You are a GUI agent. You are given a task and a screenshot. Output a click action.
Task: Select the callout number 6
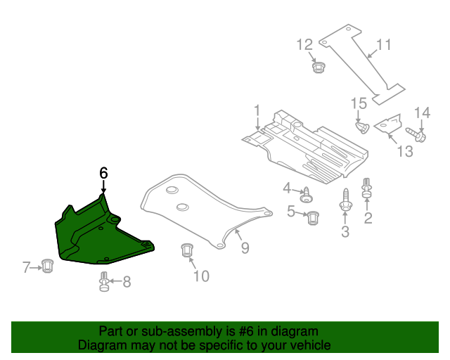(103, 172)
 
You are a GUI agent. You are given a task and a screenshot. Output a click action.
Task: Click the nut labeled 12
(319, 68)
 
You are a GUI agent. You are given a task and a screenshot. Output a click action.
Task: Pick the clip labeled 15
(363, 127)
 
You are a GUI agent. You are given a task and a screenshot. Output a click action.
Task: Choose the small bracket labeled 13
(387, 124)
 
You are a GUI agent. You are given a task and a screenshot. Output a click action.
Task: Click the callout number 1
(257, 110)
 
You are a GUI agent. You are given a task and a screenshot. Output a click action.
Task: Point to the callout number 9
(245, 247)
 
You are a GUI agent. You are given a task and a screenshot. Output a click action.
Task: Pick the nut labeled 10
(187, 250)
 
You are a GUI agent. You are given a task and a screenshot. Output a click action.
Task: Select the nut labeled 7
(47, 266)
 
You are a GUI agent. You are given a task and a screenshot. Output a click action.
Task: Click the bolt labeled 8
(103, 282)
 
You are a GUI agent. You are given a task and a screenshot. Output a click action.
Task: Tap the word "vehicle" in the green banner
(307, 346)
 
